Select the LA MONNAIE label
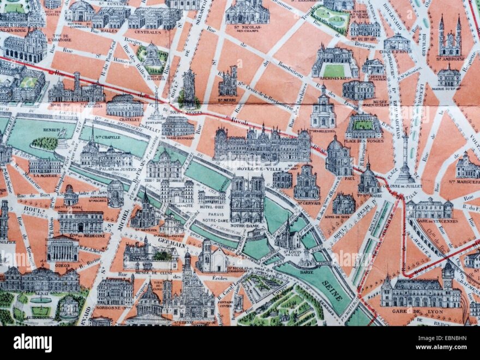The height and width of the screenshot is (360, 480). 45,176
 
